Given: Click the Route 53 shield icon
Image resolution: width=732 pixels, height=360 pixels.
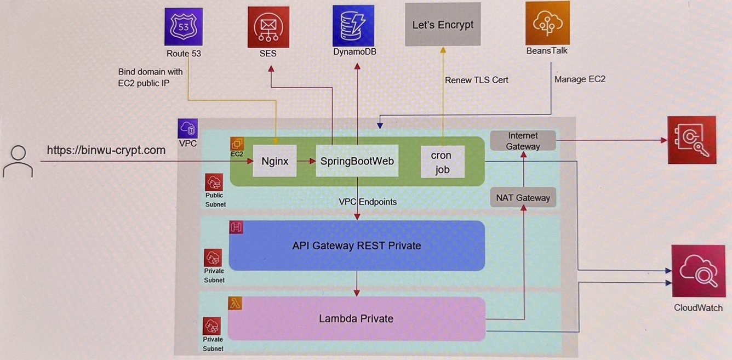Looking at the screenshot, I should (184, 26).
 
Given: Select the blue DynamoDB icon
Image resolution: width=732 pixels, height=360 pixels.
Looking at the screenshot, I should (353, 25).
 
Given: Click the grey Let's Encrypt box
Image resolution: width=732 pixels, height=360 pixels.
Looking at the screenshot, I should (443, 24).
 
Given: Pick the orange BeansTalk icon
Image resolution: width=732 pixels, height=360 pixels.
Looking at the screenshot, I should (547, 23).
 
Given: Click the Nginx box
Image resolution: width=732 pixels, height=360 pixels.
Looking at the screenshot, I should (274, 161).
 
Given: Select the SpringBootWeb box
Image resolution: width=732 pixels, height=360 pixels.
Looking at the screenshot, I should (357, 161).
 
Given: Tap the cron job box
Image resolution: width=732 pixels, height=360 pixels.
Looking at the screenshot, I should (442, 162).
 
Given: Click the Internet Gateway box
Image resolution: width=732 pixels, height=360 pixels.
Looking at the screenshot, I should (523, 141).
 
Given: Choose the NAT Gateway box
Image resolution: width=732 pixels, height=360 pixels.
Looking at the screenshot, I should (523, 197).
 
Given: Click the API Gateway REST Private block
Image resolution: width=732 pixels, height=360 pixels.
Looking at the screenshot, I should (357, 245).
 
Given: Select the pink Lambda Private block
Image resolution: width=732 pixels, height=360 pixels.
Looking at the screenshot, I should (357, 318).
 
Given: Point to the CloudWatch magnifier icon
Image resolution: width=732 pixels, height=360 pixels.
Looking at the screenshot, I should (698, 271).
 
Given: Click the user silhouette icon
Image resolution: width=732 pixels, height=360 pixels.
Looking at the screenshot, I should (18, 161).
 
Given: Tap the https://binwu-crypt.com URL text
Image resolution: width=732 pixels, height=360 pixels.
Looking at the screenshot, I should (106, 150).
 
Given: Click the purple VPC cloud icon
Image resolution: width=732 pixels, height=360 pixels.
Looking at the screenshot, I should (188, 129).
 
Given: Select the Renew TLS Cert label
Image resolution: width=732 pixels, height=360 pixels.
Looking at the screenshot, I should (476, 80).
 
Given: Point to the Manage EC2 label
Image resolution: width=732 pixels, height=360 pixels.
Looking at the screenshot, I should (580, 79).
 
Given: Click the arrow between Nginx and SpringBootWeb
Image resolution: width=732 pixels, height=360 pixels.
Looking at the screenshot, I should (306, 161).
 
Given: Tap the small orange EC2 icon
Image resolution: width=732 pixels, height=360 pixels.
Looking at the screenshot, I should (237, 144).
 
